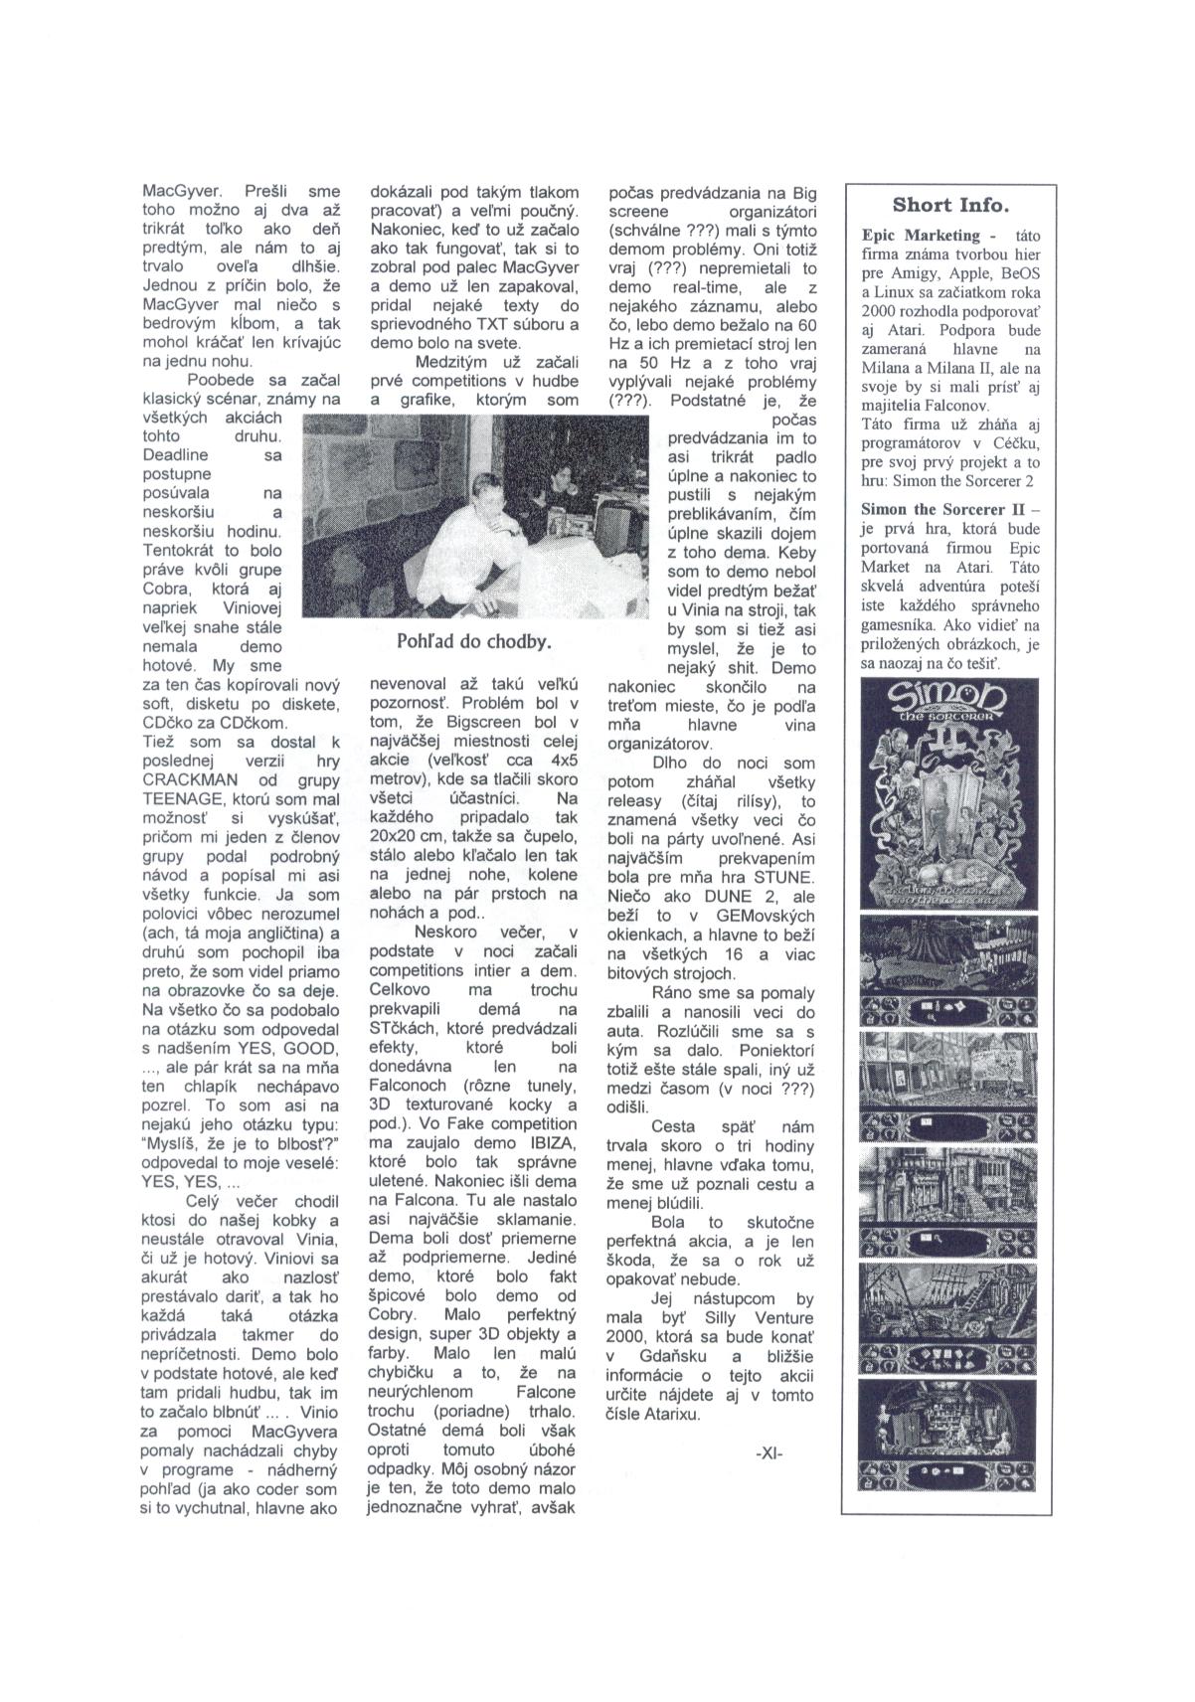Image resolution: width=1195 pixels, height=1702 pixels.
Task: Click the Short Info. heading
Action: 950,206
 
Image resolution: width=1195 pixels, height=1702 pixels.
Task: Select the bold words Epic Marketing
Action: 921,236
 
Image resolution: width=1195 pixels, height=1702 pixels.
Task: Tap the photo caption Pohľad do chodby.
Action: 473,641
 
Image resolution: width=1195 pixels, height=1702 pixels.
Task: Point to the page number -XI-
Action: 769,1452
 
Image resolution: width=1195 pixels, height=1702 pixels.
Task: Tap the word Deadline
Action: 176,455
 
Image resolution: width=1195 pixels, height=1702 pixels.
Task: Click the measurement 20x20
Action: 397,836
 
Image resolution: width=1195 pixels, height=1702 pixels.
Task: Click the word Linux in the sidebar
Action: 900,291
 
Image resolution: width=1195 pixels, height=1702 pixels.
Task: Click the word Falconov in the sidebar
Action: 953,405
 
